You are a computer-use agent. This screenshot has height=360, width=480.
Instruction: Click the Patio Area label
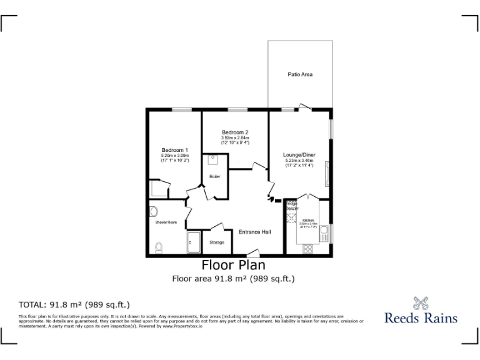[x=300, y=74]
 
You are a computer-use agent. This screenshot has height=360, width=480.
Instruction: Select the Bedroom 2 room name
[x=235, y=132]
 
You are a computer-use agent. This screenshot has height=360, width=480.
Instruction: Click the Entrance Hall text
[x=255, y=232]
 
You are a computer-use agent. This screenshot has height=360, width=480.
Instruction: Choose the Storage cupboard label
[x=216, y=242]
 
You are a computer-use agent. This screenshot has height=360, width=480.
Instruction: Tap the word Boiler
[x=214, y=177]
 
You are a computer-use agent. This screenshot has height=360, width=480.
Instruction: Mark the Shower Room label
[x=166, y=222]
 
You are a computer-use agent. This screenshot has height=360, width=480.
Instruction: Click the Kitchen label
[x=308, y=221]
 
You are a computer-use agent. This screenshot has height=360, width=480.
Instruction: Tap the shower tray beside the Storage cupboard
[x=193, y=242]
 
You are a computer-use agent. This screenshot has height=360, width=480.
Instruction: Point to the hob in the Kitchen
[x=308, y=247]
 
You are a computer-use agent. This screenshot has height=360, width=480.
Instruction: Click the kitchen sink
[x=324, y=235]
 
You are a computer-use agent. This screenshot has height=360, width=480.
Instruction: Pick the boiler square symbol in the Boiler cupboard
[x=212, y=160]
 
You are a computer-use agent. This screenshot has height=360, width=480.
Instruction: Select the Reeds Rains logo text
[x=421, y=317]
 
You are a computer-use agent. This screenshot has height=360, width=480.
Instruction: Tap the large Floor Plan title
[x=233, y=265]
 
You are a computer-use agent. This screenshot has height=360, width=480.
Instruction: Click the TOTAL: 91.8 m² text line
[x=74, y=305]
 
